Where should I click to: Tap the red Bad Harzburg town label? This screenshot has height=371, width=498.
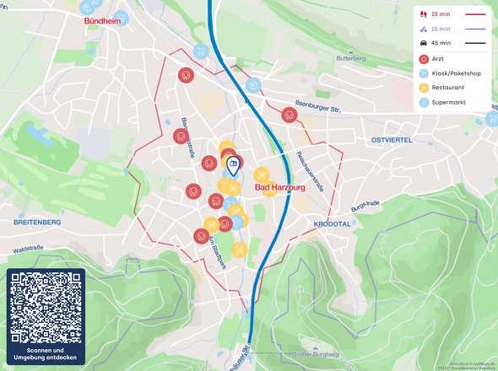point(279,188)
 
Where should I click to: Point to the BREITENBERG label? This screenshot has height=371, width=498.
point(37,222)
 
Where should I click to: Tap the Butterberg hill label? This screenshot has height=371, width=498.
point(350,59)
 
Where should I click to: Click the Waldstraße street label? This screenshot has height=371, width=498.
point(28,249)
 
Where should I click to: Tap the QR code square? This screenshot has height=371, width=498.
point(46,306)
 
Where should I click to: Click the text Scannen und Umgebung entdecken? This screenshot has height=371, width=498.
point(46,354)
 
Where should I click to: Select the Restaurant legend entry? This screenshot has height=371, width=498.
point(447,88)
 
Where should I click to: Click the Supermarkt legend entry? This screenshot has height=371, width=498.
point(448,102)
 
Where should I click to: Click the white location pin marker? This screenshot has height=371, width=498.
point(233,166)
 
